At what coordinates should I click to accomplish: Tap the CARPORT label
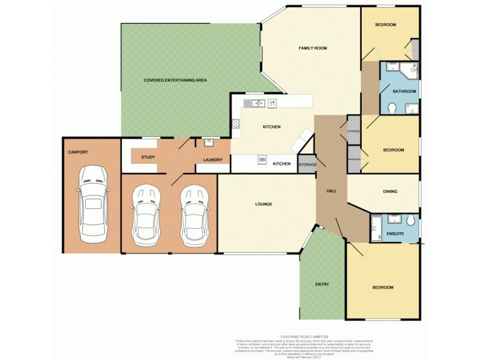[x=78, y=152]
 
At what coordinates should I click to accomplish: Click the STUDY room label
[x=148, y=157]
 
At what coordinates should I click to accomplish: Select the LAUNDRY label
[x=213, y=160]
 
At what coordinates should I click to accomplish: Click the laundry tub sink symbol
[x=209, y=143]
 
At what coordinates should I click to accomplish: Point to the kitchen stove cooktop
[x=235, y=125]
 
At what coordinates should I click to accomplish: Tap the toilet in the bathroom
[x=392, y=108]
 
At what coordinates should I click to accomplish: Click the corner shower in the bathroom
[x=410, y=71]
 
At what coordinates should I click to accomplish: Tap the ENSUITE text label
[x=395, y=233]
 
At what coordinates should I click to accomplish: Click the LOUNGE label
[x=263, y=204]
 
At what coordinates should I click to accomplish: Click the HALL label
[x=331, y=191]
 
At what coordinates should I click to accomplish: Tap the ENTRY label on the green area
[x=322, y=284]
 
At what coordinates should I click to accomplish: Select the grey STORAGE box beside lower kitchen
[x=307, y=164]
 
